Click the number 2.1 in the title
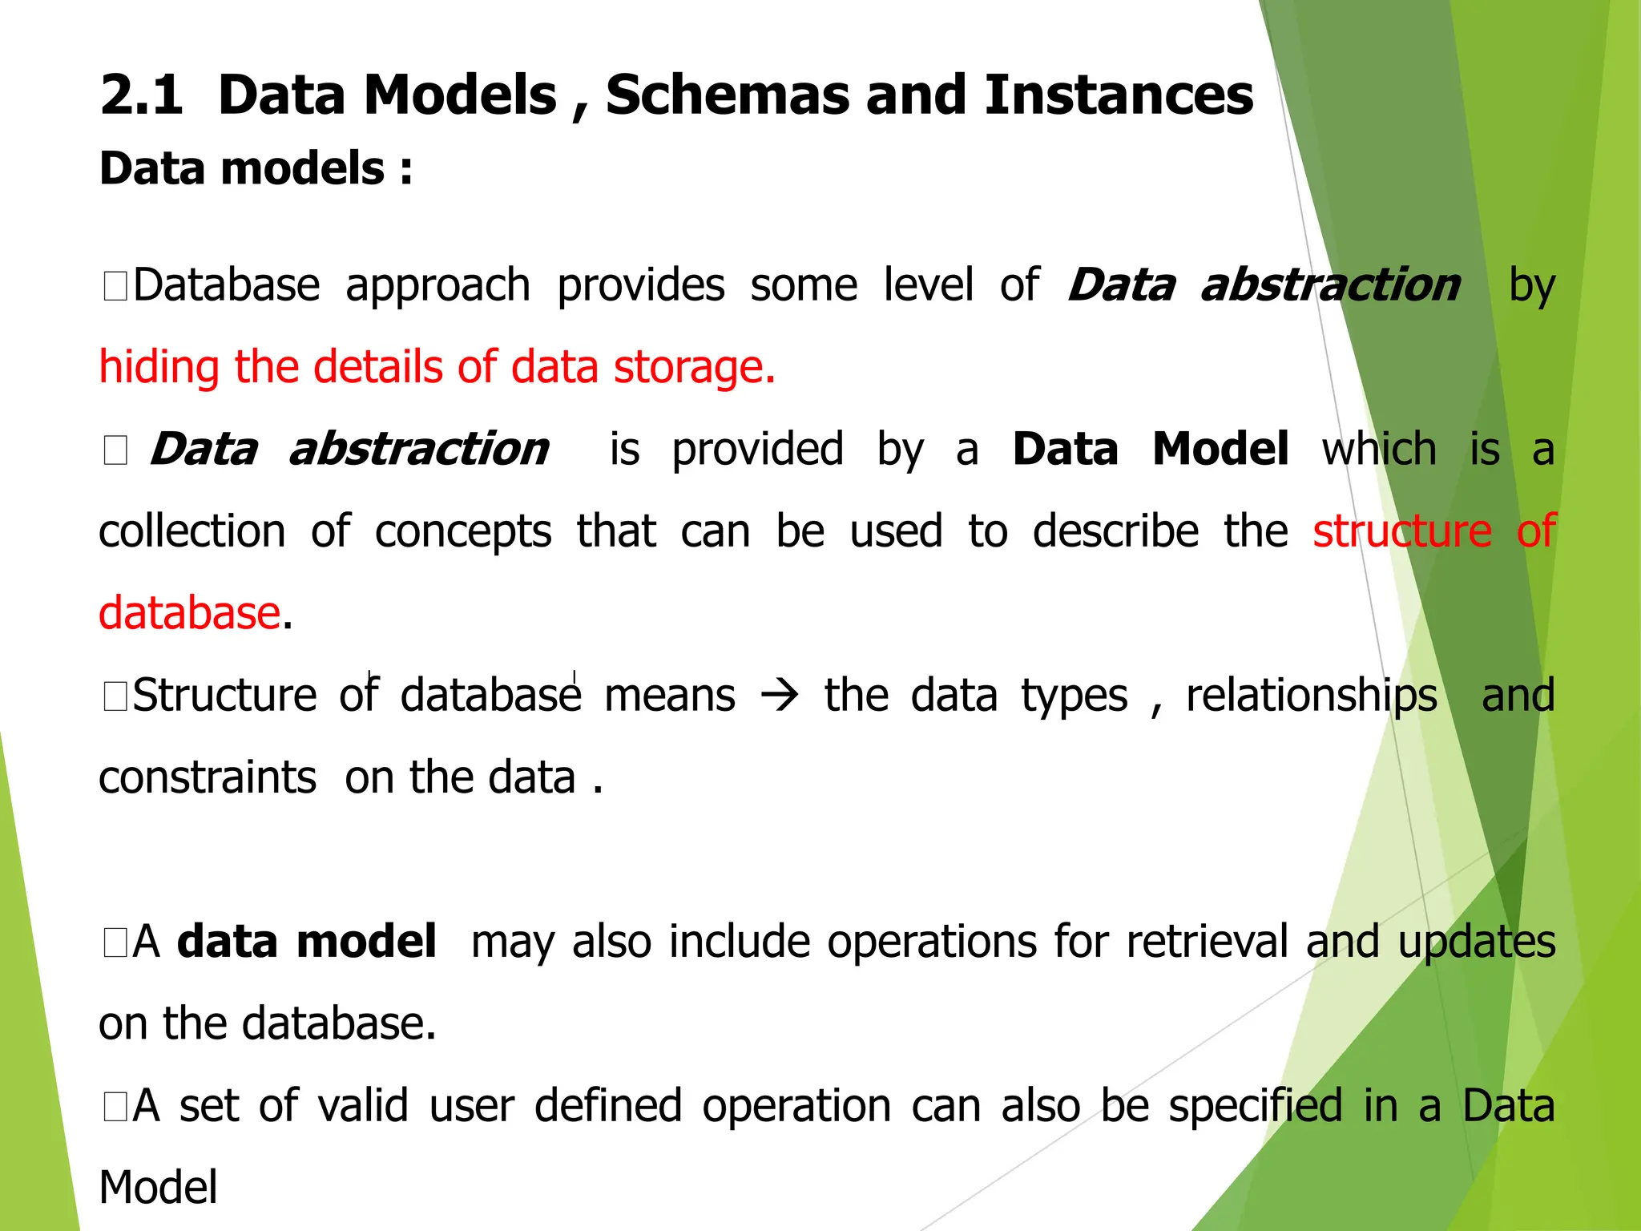(142, 95)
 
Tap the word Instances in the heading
(1119, 95)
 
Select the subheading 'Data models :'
(256, 169)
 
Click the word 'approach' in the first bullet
(437, 286)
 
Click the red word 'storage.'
(694, 369)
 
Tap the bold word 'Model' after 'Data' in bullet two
(1220, 449)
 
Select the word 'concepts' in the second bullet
(463, 531)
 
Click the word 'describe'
(1115, 531)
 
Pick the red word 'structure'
(1401, 531)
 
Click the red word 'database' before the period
(189, 614)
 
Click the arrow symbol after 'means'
(780, 696)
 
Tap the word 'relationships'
(1312, 696)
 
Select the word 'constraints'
(208, 778)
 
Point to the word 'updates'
(1476, 942)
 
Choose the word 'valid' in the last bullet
(363, 1106)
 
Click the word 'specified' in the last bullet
(1255, 1106)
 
